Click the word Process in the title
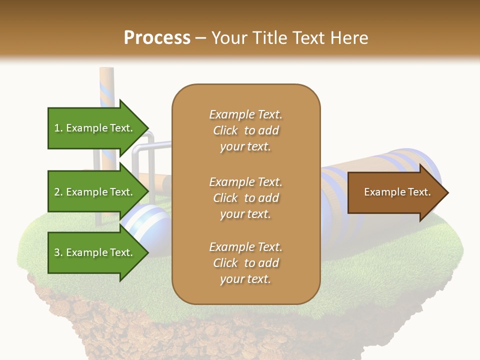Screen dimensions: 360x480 157,38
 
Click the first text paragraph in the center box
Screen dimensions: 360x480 245,130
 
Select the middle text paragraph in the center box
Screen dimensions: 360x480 245,197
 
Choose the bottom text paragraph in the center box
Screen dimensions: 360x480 245,263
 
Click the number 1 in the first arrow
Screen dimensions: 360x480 57,128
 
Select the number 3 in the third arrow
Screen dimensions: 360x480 57,253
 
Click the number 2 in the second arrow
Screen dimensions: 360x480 57,192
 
